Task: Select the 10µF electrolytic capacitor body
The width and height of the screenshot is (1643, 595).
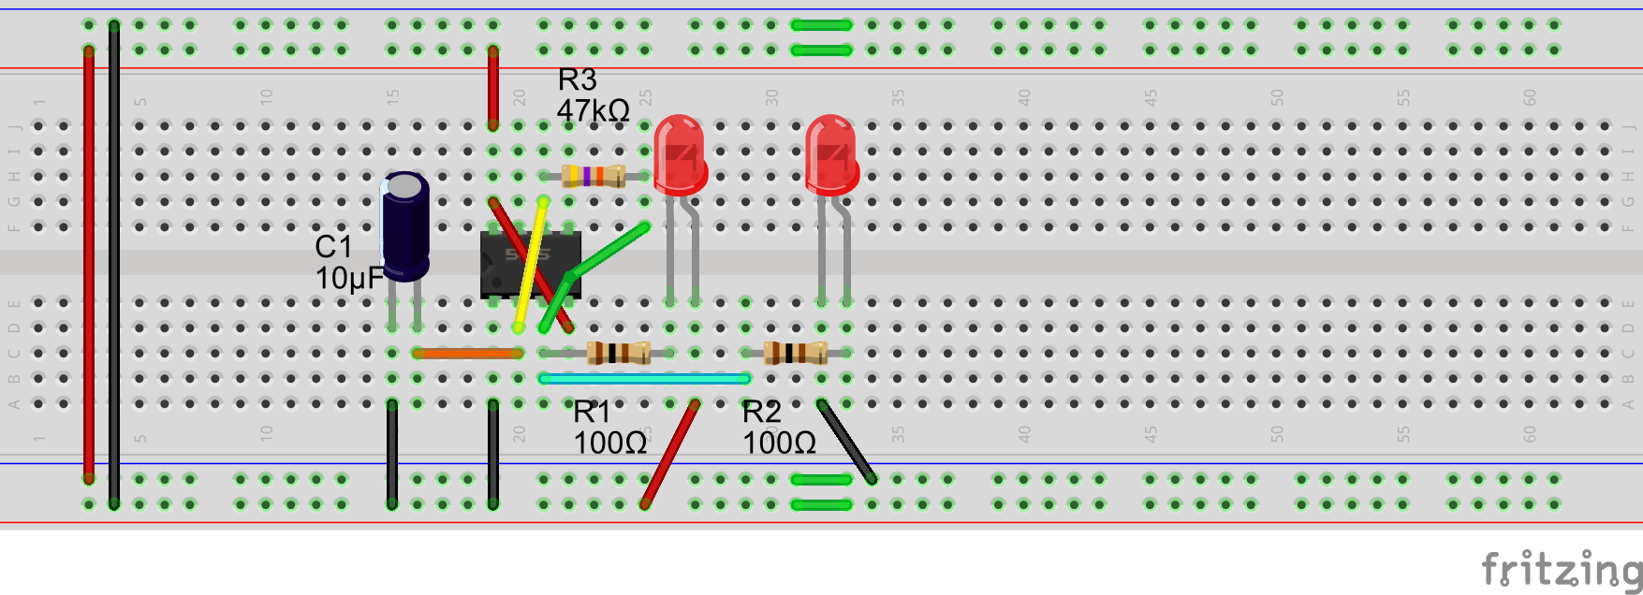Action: [x=405, y=225]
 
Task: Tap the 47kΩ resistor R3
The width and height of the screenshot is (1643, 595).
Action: [x=594, y=176]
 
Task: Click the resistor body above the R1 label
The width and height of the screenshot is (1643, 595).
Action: [x=618, y=353]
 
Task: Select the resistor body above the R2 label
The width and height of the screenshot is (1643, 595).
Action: [x=795, y=353]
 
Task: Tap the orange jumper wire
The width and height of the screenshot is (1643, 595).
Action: [x=467, y=354]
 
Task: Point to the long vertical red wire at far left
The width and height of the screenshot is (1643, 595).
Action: [x=89, y=262]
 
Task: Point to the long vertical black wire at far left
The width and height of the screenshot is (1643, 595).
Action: [x=114, y=262]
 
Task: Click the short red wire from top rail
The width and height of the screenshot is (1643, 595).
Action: [x=492, y=89]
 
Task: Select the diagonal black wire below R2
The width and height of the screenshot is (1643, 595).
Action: [x=846, y=442]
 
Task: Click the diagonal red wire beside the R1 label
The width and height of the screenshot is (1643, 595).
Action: [x=670, y=455]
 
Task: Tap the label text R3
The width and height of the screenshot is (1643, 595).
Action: [x=577, y=80]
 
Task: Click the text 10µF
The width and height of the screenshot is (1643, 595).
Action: [x=349, y=279]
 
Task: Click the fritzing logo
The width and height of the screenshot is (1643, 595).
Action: [x=1561, y=568]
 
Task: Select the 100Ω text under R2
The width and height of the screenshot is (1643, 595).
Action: [x=779, y=443]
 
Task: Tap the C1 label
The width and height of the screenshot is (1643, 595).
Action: [x=333, y=247]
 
